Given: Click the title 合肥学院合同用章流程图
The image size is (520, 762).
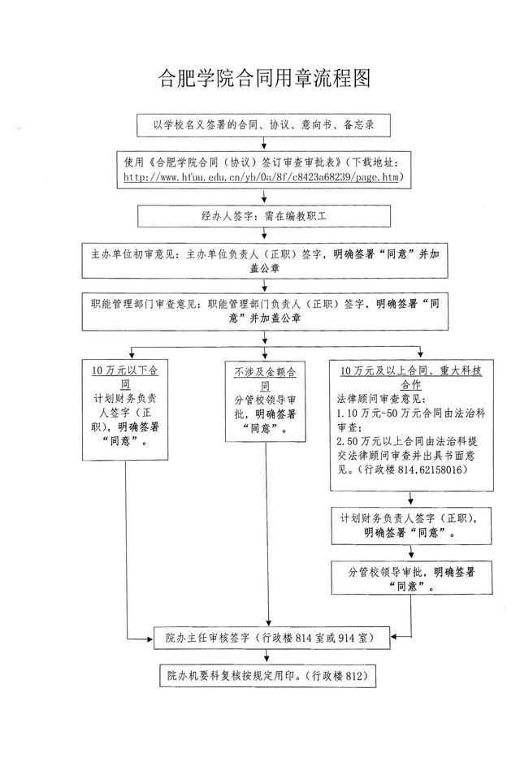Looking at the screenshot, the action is click(265, 78).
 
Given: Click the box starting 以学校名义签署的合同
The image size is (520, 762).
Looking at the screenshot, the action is click(264, 125).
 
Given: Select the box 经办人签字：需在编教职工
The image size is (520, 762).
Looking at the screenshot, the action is click(264, 216).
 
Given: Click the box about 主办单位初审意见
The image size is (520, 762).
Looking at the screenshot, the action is click(265, 261).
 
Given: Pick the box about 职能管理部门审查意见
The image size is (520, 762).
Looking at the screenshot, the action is click(265, 311).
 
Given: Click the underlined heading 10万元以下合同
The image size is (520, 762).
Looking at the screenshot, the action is click(125, 377).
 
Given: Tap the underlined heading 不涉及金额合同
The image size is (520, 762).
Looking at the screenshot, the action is click(266, 379).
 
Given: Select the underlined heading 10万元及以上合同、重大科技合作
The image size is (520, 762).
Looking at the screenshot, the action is click(411, 377).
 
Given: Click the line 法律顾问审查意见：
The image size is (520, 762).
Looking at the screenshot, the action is click(382, 400).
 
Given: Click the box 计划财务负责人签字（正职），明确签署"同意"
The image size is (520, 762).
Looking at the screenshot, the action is click(411, 526).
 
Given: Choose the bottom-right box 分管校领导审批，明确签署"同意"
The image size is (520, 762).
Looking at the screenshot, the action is click(411, 578).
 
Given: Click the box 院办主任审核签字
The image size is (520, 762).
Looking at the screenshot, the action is click(271, 638).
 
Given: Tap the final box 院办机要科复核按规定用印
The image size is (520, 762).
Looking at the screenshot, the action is click(268, 676).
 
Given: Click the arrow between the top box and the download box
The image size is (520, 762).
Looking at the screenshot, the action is click(264, 143).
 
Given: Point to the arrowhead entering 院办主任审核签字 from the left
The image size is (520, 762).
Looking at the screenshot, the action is click(150, 639).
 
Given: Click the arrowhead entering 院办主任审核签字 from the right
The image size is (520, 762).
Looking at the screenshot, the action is click(394, 636).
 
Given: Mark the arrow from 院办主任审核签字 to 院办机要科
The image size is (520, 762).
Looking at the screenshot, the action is click(266, 656).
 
